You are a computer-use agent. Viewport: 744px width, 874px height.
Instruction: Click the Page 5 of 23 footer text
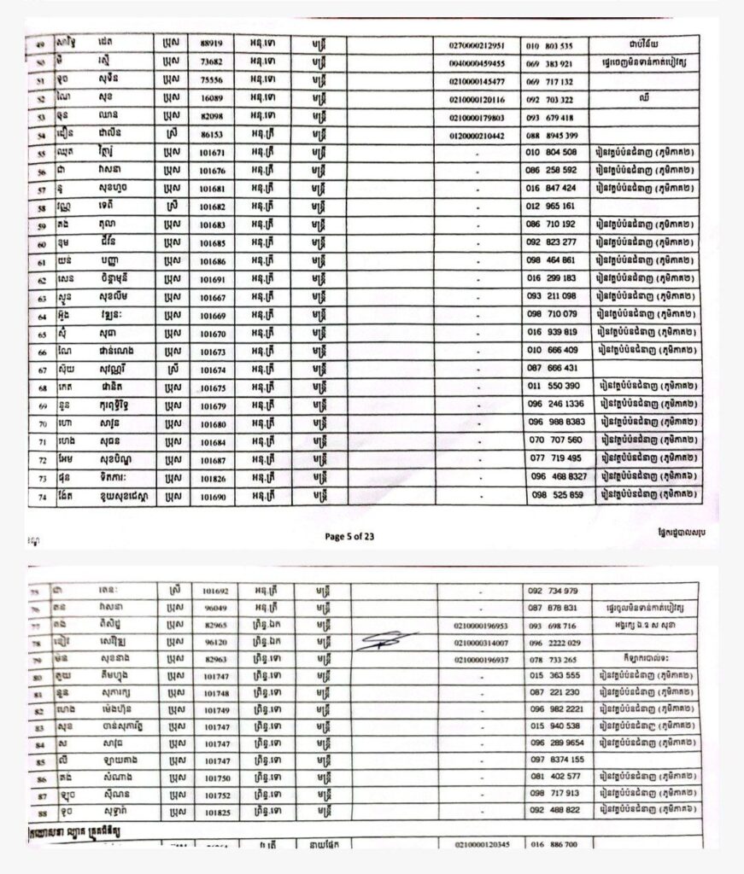(x=349, y=536)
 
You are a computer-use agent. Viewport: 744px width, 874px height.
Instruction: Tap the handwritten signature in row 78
(x=386, y=640)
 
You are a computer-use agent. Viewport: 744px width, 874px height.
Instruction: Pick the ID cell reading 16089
(x=210, y=99)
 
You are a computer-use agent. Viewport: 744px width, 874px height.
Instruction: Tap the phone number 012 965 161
(x=556, y=207)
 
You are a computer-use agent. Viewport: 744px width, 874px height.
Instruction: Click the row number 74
(x=40, y=496)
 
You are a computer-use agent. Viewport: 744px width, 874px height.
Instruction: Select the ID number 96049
(x=214, y=608)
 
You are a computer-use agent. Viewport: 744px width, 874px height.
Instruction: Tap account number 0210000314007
(x=481, y=643)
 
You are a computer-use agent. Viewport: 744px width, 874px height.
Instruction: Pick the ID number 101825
(x=214, y=810)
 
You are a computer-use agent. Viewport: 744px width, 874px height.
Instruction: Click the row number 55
(x=40, y=154)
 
